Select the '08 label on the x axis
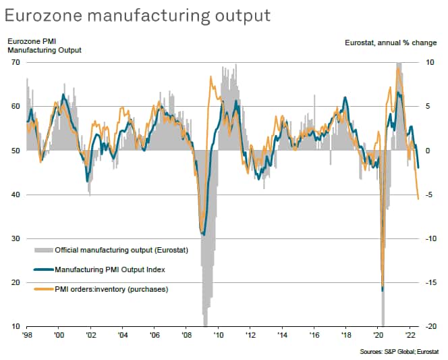click(186, 334)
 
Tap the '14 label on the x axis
click(282, 334)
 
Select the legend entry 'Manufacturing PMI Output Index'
click(110, 269)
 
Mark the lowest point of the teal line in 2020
click(383, 290)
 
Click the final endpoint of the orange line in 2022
click(418, 199)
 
